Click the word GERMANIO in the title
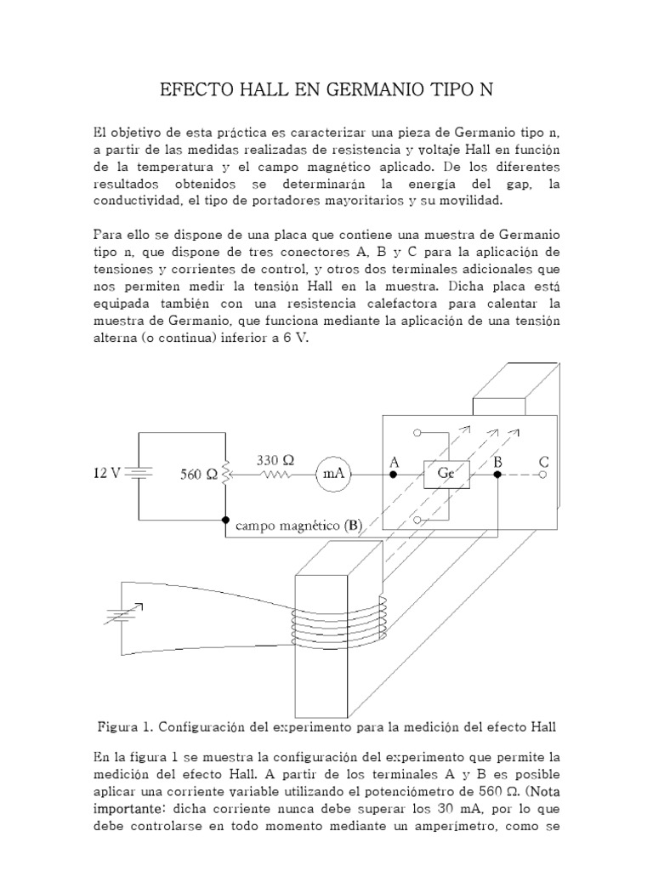coord(374,89)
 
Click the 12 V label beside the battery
coord(108,474)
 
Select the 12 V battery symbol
coord(138,474)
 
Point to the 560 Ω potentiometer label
coord(198,475)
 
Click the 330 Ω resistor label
coord(275,459)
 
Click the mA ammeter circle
coord(334,475)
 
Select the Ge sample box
coord(446,474)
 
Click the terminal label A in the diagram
coord(394,461)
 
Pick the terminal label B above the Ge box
coord(499,461)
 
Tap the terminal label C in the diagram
coord(544,461)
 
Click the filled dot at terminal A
coord(394,475)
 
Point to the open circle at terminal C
coord(543,475)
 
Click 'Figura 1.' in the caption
coord(125,727)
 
